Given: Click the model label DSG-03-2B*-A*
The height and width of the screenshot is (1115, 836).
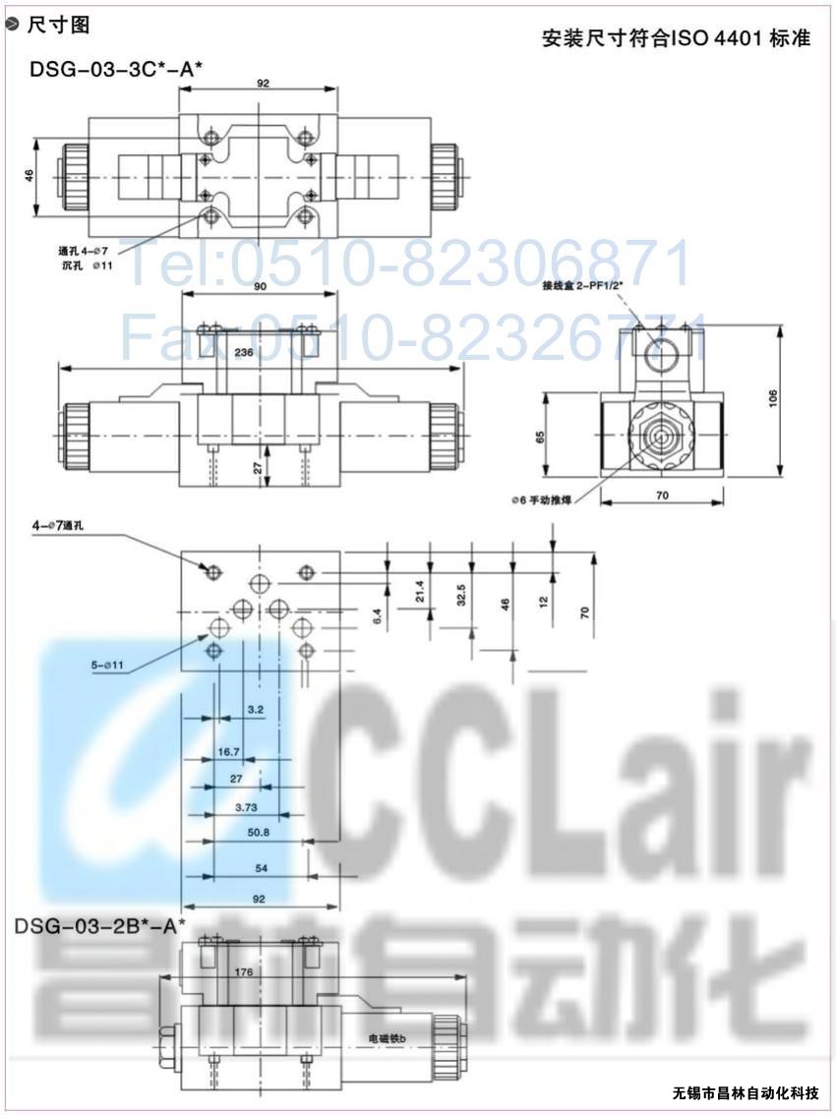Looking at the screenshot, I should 99,925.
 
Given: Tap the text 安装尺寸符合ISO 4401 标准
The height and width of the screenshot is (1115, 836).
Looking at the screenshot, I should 677,39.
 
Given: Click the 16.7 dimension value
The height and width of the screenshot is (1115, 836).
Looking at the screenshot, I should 229,752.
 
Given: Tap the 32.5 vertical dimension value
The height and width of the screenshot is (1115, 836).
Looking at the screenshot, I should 460,594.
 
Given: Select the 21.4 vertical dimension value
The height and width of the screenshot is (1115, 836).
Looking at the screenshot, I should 420,590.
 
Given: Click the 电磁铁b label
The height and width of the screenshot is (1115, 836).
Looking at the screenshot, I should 388,1037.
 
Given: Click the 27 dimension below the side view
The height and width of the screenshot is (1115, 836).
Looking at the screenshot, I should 258,470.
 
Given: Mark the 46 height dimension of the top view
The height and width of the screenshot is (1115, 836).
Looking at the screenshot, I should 30,175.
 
